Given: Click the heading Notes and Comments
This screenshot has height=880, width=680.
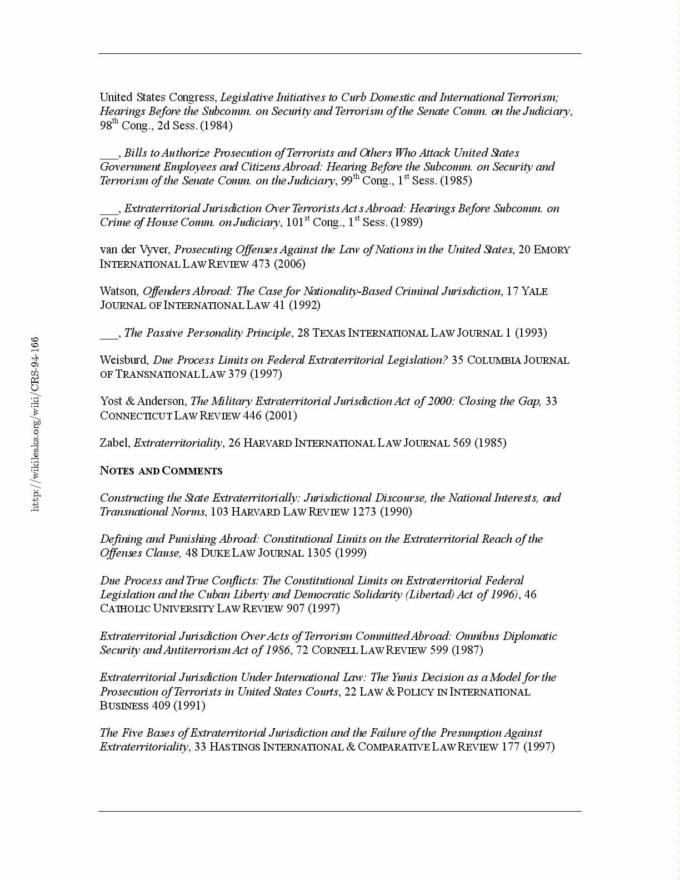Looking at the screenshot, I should click(161, 471).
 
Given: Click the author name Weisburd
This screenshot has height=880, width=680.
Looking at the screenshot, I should click(124, 360).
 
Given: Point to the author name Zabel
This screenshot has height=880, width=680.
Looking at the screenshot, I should click(114, 443).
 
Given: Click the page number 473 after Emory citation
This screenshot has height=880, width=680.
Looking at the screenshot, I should click(260, 263).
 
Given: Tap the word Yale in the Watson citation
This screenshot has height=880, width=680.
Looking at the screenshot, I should click(534, 291).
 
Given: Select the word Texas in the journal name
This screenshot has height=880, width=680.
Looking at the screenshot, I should click(329, 333).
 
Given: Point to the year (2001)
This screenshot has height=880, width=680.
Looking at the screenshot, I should click(281, 416).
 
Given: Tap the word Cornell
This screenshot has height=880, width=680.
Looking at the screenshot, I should click(334, 650).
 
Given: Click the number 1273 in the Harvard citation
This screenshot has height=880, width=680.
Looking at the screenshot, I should click(364, 512).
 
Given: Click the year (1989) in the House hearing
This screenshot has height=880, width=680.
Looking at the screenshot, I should click(406, 222).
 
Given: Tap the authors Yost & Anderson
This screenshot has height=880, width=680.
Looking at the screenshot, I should click(143, 401).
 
